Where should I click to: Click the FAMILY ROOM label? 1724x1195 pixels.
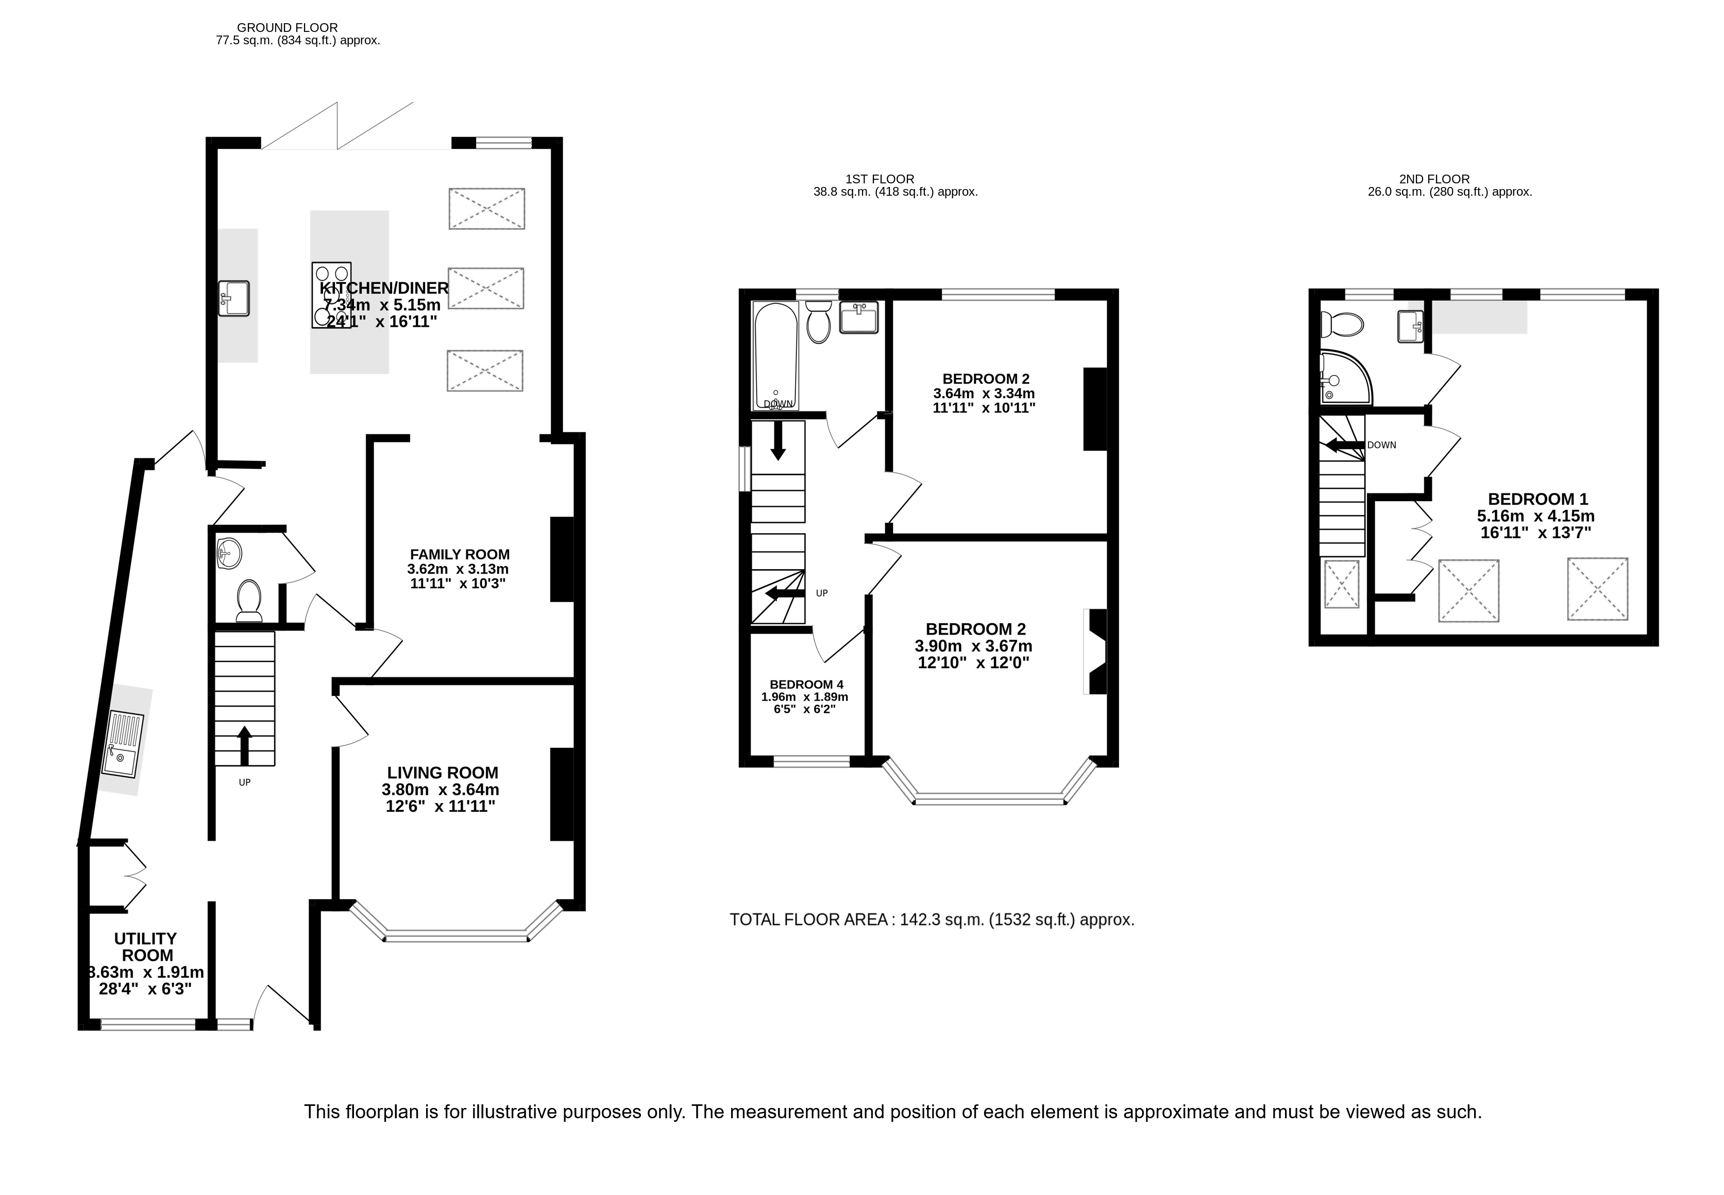coord(460,554)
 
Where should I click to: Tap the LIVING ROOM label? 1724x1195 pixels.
coord(443,773)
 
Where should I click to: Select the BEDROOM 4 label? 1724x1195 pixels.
coord(806,685)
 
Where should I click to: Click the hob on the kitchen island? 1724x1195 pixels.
coord(331,295)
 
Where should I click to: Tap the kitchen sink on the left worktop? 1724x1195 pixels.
coord(233,298)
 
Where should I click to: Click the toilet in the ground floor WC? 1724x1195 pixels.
coord(249,602)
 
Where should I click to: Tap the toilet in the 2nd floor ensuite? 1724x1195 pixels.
coord(1341,324)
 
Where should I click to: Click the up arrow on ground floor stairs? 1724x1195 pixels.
coord(244,745)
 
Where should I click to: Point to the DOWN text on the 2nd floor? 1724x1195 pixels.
coord(1382,445)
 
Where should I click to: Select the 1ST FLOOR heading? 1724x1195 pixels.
coord(880,179)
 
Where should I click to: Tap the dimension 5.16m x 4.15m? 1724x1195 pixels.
coord(1535,516)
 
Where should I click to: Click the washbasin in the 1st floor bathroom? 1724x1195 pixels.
coord(859,317)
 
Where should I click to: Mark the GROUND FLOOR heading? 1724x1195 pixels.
coord(288,28)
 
